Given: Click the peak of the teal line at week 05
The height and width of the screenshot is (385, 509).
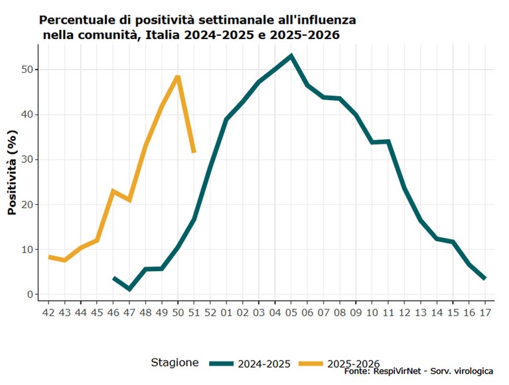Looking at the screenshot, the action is click(x=291, y=56).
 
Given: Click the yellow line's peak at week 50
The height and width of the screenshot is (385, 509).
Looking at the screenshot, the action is click(x=178, y=77).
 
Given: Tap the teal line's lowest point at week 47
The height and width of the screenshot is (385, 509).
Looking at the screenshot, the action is click(x=129, y=289).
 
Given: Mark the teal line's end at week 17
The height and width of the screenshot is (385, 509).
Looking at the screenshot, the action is click(x=485, y=278).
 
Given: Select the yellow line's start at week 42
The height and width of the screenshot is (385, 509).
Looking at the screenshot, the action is click(x=48, y=257).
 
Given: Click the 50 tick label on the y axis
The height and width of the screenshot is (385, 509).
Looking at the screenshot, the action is click(x=27, y=70).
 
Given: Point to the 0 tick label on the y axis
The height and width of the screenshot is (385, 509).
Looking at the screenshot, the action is click(x=31, y=294).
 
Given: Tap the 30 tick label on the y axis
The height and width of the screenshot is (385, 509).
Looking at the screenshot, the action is click(x=27, y=160).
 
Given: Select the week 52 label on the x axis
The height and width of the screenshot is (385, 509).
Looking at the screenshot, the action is click(x=210, y=312).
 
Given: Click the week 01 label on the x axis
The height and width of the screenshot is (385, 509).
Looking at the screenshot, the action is click(x=226, y=312).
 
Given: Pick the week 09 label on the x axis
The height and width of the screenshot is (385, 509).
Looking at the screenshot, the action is click(x=356, y=312).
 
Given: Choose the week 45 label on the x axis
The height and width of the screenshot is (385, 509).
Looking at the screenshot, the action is click(x=97, y=312).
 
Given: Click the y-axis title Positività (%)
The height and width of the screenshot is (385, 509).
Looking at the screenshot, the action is click(x=12, y=172).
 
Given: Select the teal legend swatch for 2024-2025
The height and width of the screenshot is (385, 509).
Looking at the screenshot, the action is click(x=222, y=364).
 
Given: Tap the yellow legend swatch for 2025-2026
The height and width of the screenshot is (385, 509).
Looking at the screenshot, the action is click(x=311, y=364).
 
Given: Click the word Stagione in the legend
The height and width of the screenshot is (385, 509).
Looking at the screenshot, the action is click(x=175, y=362).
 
